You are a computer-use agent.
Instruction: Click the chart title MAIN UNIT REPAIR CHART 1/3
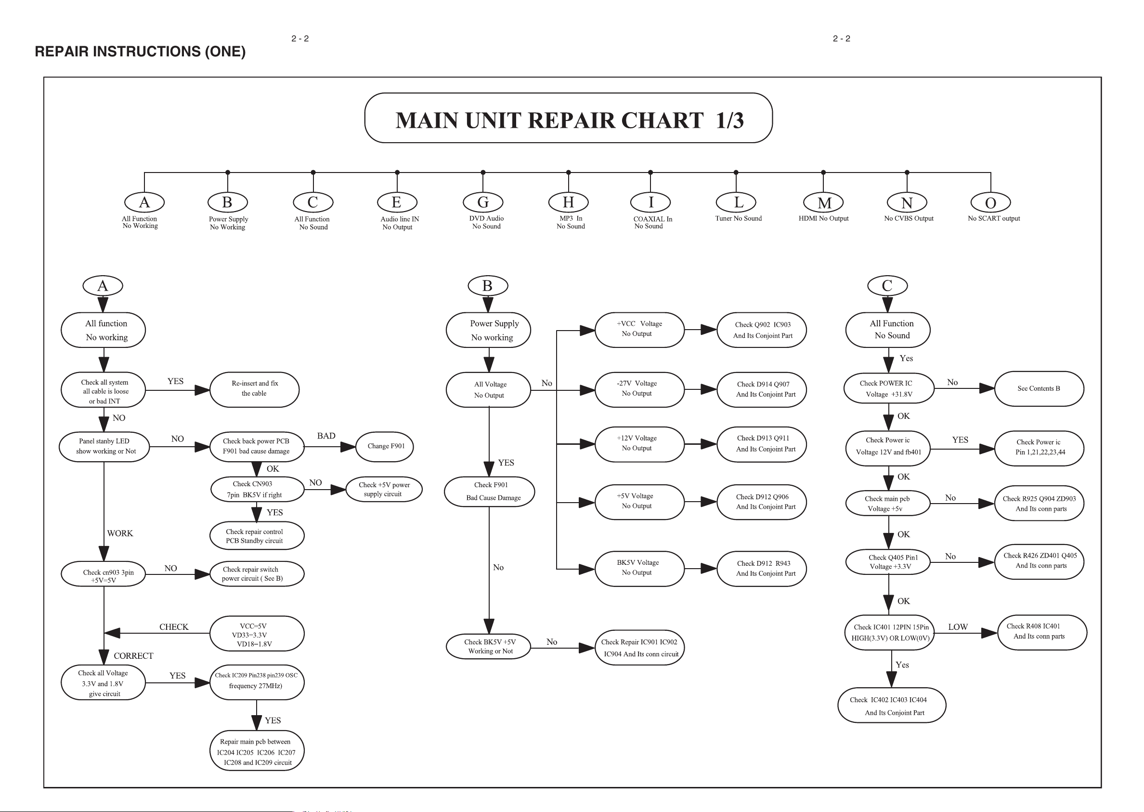coord(570,120)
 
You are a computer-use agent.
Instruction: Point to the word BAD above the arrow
coord(326,436)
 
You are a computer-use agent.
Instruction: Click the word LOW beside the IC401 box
coord(958,627)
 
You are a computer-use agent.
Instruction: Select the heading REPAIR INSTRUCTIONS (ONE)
coord(141,52)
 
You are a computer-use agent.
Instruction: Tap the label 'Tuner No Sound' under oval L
coord(739,218)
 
